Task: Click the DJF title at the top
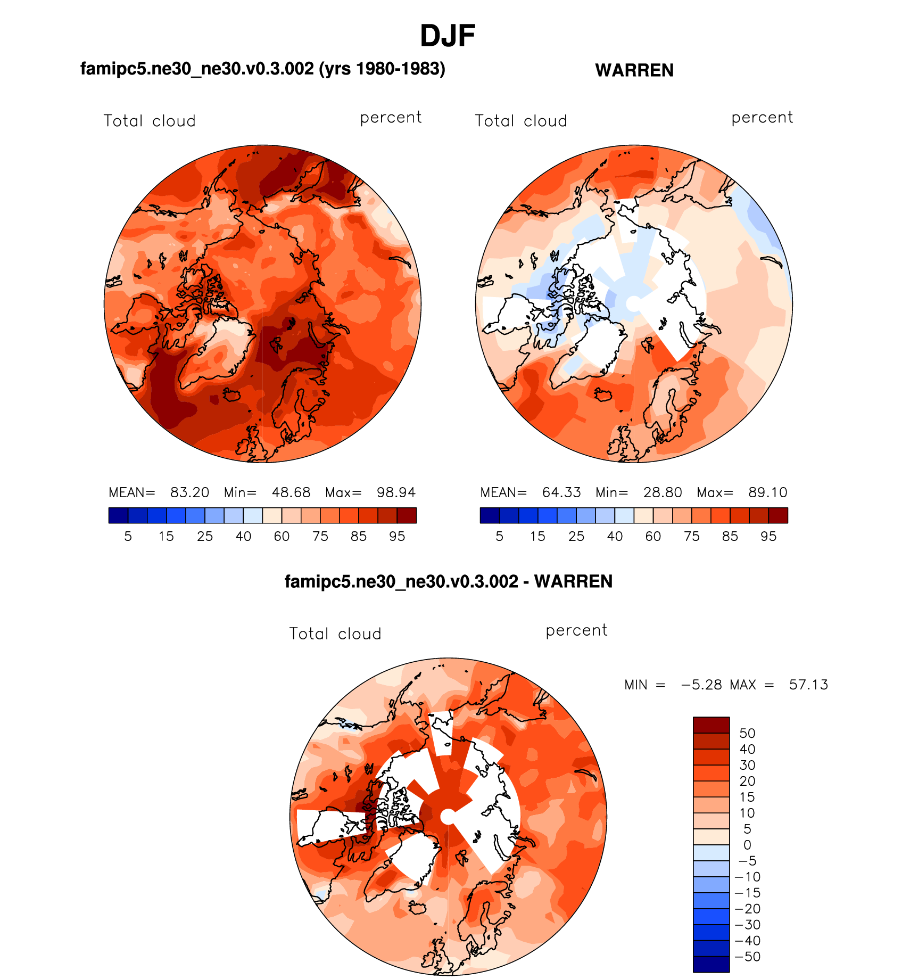[448, 36]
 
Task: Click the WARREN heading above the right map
[634, 70]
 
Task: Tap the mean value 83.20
[189, 492]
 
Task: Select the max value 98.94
[396, 492]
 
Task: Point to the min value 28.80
[663, 492]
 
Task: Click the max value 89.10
[767, 492]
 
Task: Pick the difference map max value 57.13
[808, 685]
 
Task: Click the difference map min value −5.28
[701, 685]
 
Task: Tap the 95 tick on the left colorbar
[397, 537]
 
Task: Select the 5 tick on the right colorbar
[499, 537]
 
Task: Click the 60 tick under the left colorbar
[282, 537]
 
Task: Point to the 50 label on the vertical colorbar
[747, 733]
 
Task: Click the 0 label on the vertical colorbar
[747, 845]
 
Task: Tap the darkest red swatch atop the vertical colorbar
[711, 725]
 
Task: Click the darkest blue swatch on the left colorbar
[118, 515]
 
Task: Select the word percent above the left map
[391, 118]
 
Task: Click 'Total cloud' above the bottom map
[335, 634]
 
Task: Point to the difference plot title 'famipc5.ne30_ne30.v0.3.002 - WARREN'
[449, 581]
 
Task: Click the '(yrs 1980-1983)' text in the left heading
[382, 69]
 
